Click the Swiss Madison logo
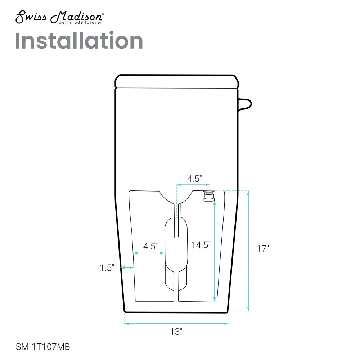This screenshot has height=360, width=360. click(59, 17)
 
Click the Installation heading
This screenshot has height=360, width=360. click(79, 41)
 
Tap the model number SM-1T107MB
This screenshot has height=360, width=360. click(43, 347)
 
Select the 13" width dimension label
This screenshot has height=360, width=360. click(176, 332)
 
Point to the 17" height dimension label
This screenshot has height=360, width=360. click(263, 248)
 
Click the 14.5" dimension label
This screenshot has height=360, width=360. click(201, 245)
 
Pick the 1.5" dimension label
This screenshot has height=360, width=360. click(107, 268)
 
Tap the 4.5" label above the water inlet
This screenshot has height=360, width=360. click(194, 179)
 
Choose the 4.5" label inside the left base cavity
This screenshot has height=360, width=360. click(150, 246)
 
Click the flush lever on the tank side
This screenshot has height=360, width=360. click(245, 104)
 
